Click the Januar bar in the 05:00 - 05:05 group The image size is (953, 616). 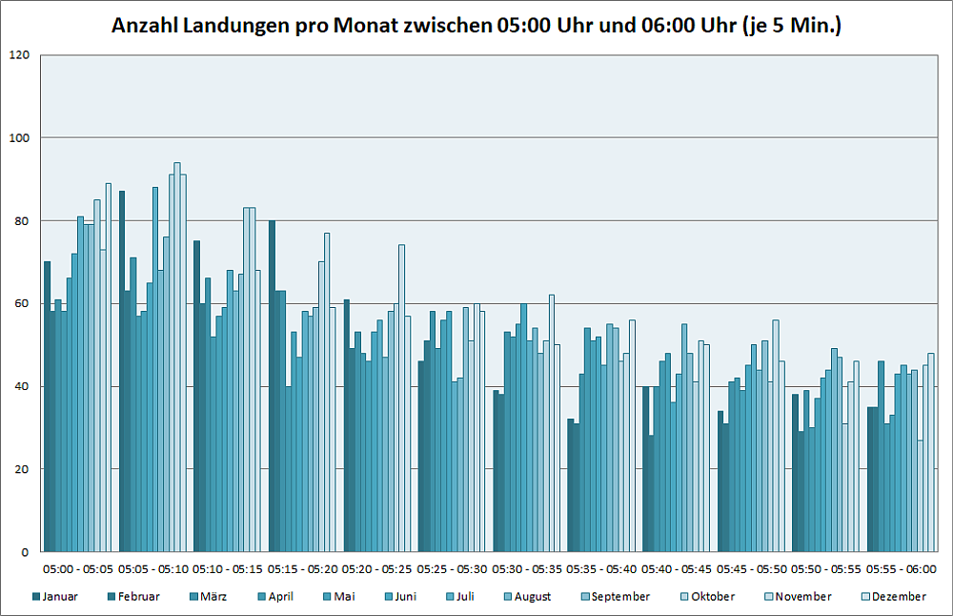[47, 406]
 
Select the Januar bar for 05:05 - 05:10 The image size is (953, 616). [122, 371]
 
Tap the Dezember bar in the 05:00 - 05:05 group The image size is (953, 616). [108, 367]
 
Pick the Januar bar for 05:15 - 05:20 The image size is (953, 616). [272, 386]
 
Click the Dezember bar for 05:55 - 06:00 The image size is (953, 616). [931, 452]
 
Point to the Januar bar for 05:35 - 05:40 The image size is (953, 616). [571, 485]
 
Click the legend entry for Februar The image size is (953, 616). [132, 597]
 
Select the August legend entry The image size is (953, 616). [526, 597]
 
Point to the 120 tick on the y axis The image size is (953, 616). [18, 55]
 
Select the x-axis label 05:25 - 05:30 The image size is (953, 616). [452, 569]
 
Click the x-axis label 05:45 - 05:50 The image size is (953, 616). [751, 569]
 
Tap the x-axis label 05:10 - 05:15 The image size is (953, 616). [228, 569]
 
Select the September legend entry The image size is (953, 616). [614, 597]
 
